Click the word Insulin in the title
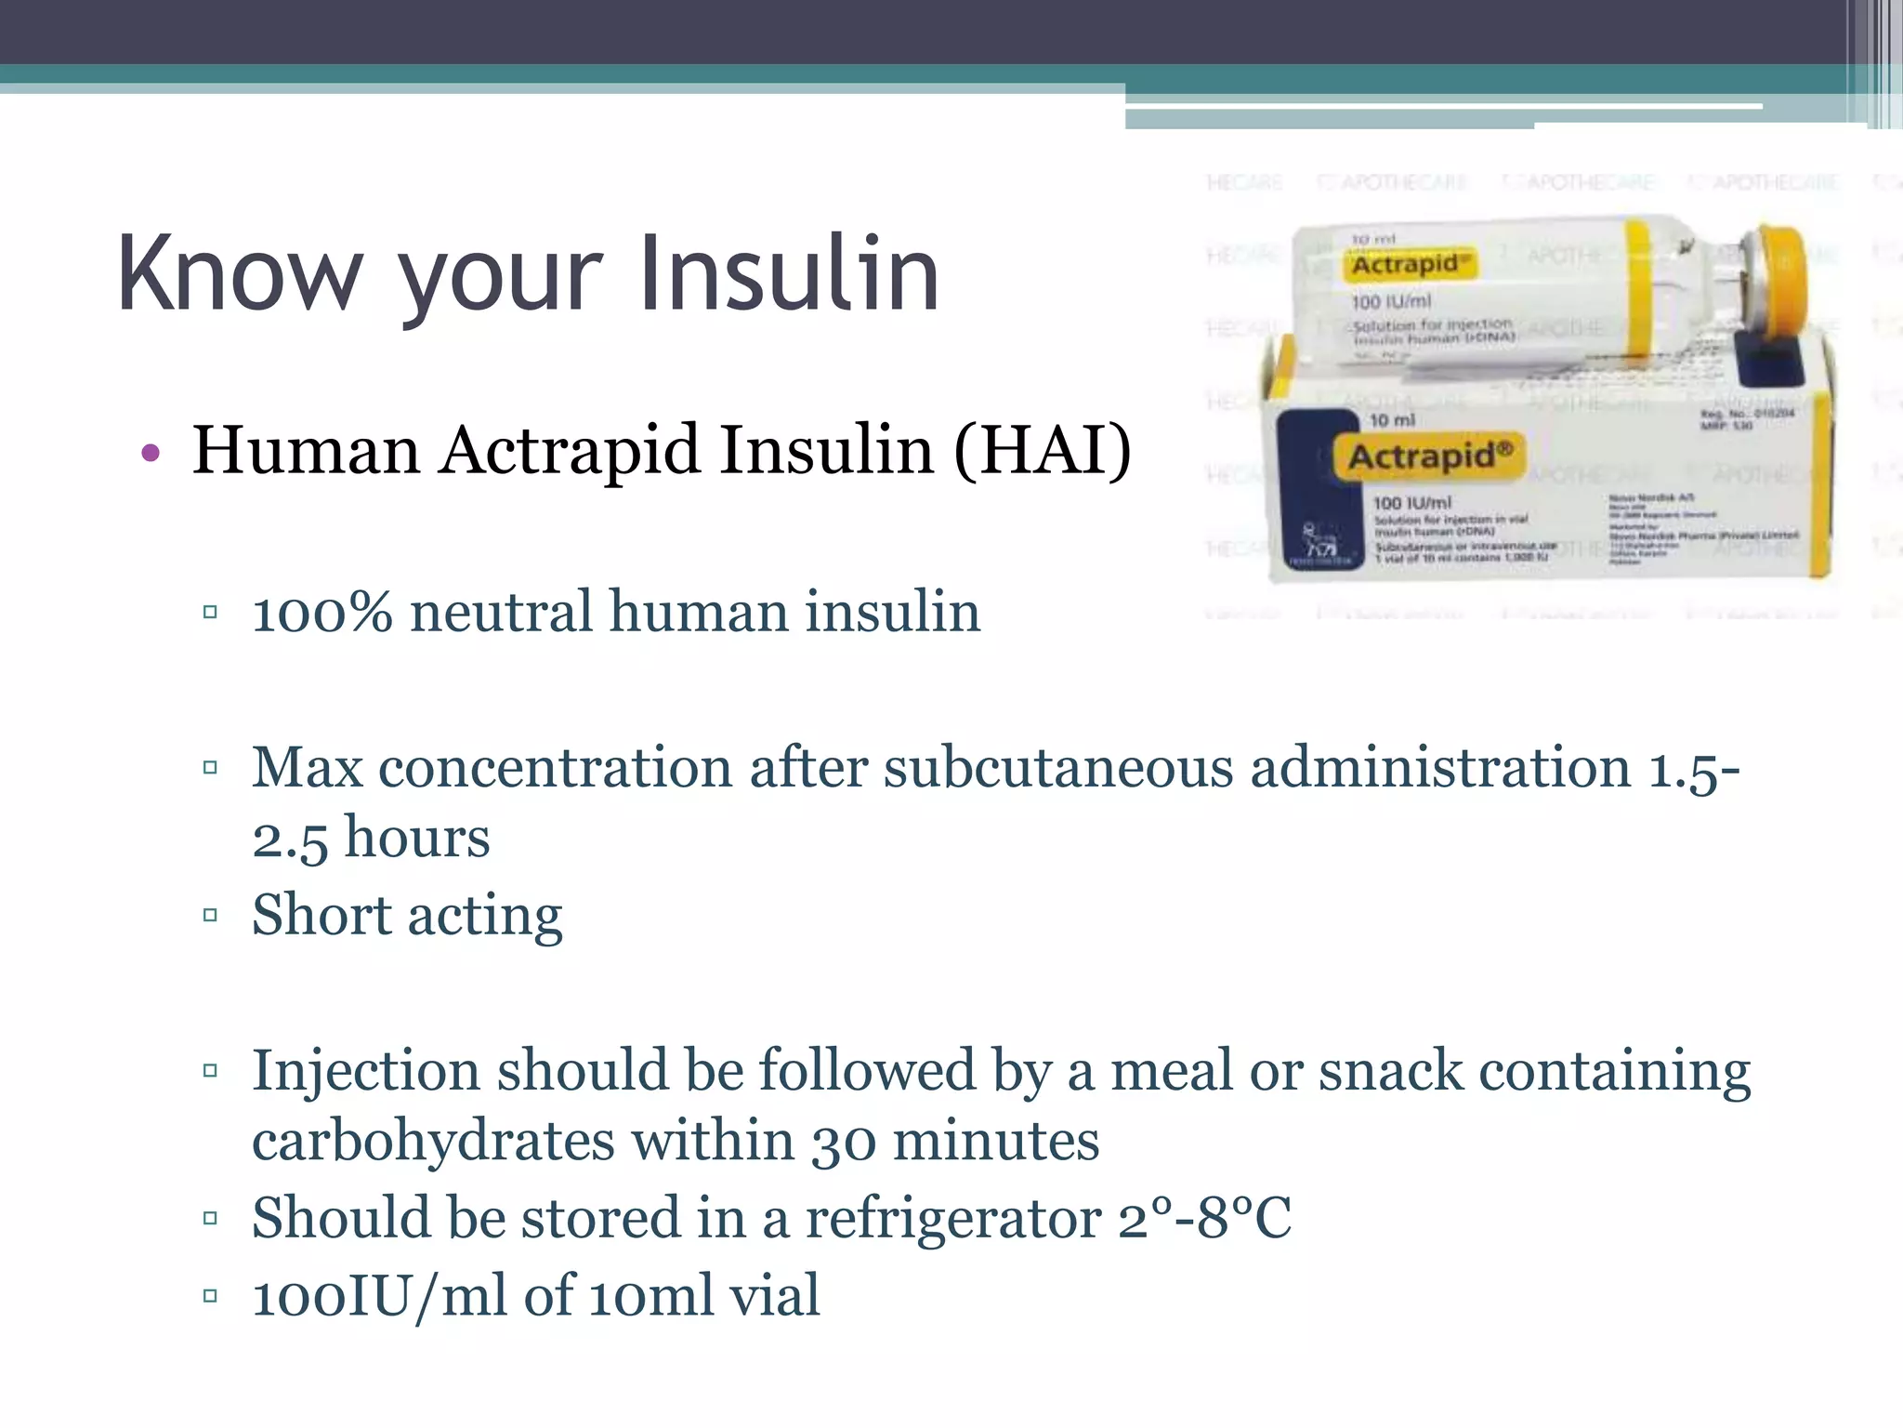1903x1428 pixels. pos(790,273)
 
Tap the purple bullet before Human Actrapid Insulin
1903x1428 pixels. pos(151,454)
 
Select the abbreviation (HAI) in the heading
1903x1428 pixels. pos(1043,450)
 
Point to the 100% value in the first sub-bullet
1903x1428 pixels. pos(322,613)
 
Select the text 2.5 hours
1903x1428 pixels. pos(371,838)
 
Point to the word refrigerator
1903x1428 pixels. pos(952,1219)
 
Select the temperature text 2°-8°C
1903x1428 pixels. pos(1204,1219)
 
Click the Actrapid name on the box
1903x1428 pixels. pos(1429,456)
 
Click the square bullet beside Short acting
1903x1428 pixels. pos(210,915)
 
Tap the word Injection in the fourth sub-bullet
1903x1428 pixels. pos(366,1071)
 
